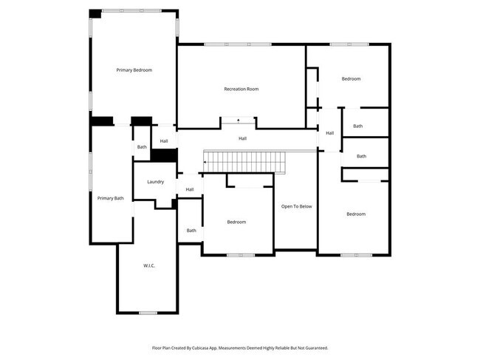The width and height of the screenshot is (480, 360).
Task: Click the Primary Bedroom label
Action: click(134, 70)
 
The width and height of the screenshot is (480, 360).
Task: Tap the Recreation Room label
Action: click(241, 89)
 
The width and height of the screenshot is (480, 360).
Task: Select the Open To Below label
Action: click(296, 206)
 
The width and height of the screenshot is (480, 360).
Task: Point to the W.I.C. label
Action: click(148, 265)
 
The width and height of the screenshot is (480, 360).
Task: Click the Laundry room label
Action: click(155, 182)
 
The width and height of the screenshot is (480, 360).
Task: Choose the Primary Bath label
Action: click(111, 198)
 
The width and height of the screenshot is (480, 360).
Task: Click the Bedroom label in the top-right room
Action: click(351, 79)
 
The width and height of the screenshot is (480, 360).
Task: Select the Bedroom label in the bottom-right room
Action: click(355, 214)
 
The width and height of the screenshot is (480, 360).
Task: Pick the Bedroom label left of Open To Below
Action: click(236, 222)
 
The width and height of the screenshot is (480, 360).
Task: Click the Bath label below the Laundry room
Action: click(191, 231)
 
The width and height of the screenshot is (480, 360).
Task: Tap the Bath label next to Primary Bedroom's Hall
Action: click(141, 147)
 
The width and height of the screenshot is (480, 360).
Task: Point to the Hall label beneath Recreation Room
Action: click(242, 138)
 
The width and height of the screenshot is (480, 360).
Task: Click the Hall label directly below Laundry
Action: click(190, 190)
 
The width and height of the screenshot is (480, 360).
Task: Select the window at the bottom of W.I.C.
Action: click(148, 313)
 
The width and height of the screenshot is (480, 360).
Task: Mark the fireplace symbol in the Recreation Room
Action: click(238, 119)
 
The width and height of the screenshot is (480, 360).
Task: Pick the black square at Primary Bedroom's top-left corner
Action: click(95, 13)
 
